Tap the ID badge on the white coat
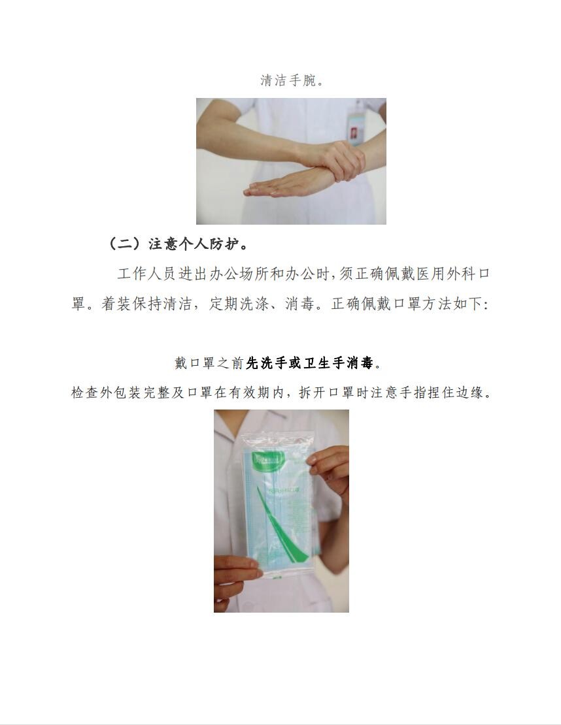[356, 123]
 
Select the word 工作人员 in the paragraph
[146, 274]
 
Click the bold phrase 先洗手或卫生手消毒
[310, 363]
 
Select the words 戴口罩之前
[210, 363]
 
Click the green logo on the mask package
[267, 460]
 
